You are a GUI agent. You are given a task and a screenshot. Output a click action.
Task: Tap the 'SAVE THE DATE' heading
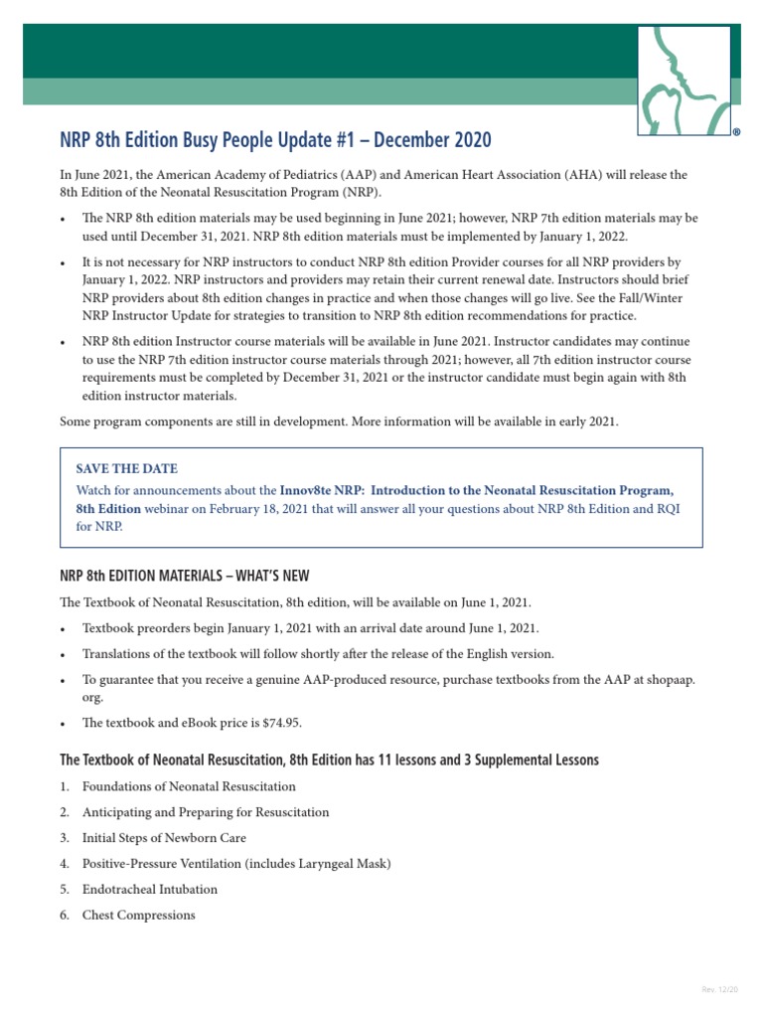point(127,468)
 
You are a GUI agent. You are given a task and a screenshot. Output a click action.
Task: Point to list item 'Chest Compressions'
point(138,915)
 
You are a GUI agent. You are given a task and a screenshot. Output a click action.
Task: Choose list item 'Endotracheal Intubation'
point(149,889)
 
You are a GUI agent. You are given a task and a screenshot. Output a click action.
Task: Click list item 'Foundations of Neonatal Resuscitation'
point(189,786)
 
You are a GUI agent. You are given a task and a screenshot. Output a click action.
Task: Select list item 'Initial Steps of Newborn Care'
point(164,838)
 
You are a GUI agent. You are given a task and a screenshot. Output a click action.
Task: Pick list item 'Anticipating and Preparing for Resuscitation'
point(206,812)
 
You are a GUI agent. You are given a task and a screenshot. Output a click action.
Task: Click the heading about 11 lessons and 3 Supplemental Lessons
point(329,760)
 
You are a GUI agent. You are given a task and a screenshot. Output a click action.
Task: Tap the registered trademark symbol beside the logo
point(736,131)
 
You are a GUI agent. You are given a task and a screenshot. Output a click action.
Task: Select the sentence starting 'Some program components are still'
point(339,422)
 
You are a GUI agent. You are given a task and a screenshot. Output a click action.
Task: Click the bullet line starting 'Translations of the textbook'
point(318,654)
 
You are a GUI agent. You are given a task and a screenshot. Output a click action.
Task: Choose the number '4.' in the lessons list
point(65,864)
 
